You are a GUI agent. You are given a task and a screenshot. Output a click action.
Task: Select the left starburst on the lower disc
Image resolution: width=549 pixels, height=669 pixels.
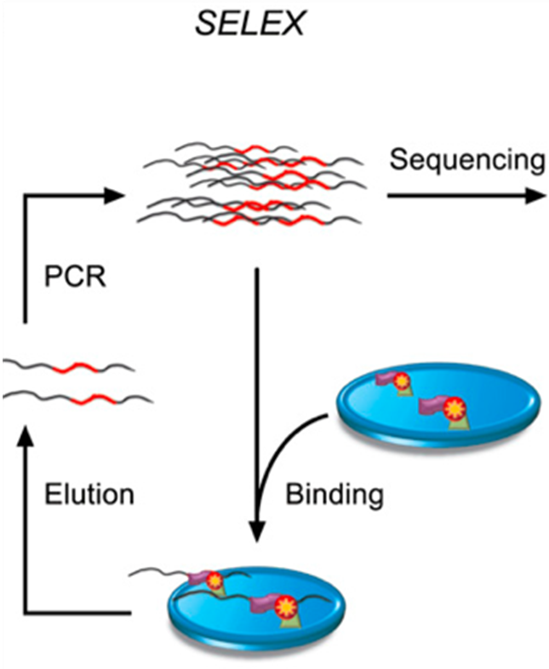[216, 581]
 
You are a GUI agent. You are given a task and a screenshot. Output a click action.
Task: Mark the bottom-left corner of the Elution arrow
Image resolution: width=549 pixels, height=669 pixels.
[25, 611]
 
